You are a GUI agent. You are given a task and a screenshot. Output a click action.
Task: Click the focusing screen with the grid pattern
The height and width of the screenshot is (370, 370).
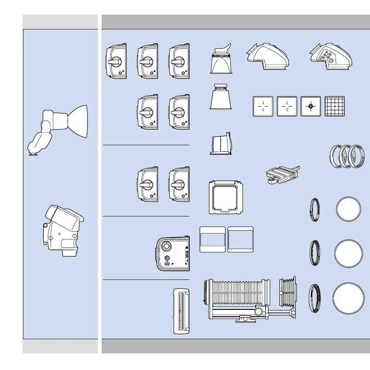pyautogui.click(x=334, y=107)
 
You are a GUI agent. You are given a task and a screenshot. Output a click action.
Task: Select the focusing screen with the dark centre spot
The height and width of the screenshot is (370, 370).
pyautogui.click(x=310, y=107)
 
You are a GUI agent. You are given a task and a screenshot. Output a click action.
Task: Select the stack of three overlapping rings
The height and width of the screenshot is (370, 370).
pyautogui.click(x=348, y=156)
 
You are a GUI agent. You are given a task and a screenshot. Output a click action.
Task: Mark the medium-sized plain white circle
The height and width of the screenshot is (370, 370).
pyautogui.click(x=347, y=252)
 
